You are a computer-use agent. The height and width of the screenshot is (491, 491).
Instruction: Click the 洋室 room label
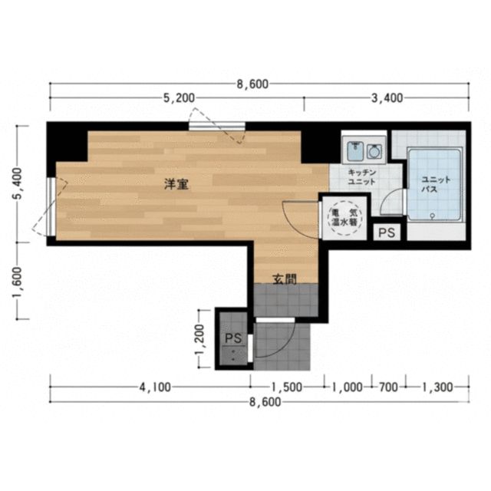point(176,184)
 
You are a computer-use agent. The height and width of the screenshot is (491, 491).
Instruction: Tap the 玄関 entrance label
point(285,279)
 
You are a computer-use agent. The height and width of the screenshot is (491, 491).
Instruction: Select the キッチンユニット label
point(361,177)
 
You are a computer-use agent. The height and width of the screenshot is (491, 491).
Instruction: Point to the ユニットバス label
point(436,184)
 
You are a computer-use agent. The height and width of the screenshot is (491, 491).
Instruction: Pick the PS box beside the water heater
point(387,232)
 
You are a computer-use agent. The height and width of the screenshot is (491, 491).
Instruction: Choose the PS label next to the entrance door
point(233,338)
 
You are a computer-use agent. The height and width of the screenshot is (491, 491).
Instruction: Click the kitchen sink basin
point(354,150)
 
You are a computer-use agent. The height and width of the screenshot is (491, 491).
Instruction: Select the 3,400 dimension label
point(387,98)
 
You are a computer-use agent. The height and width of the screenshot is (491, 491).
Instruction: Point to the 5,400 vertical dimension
point(17,184)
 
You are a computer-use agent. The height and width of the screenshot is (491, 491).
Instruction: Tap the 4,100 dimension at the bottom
point(155,387)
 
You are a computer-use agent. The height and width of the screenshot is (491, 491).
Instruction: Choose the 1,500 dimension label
point(287,387)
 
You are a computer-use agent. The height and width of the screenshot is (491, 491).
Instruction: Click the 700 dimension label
point(388,387)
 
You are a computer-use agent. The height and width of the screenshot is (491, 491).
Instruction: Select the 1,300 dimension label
point(437,387)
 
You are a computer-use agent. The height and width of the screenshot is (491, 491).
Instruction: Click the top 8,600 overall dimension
point(252,84)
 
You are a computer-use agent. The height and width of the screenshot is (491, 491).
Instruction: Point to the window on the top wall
point(217,126)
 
